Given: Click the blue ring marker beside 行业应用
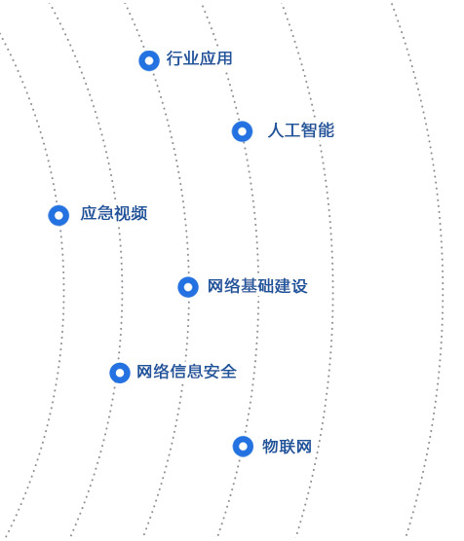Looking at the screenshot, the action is pyautogui.click(x=142, y=60).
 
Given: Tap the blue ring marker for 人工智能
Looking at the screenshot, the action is pyautogui.click(x=236, y=131).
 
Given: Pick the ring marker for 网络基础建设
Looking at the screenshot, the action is pyautogui.click(x=182, y=287).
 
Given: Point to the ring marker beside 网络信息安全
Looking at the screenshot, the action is pyautogui.click(x=113, y=373).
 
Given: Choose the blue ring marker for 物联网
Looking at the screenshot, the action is pyautogui.click(x=237, y=447).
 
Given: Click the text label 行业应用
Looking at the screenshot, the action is pyautogui.click(x=199, y=58).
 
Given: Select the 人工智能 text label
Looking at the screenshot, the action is pyautogui.click(x=301, y=130).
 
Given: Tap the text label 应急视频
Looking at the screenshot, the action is pyautogui.click(x=114, y=213).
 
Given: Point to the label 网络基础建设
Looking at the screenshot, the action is pyautogui.click(x=257, y=286).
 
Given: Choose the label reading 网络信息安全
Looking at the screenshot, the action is pyautogui.click(x=187, y=372).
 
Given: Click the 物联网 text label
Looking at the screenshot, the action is pyautogui.click(x=287, y=446).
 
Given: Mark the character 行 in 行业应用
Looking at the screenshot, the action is pyautogui.click(x=174, y=58).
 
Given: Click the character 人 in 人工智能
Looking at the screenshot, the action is pyautogui.click(x=276, y=130).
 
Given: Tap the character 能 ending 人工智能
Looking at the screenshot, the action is pyautogui.click(x=326, y=130).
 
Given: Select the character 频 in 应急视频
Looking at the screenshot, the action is pyautogui.click(x=139, y=213).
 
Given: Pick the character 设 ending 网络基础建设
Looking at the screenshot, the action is pyautogui.click(x=299, y=286).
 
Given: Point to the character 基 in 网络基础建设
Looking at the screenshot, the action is pyautogui.click(x=249, y=286).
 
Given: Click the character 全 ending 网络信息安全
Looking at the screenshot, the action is pyautogui.click(x=228, y=372).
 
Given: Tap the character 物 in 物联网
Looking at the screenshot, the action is pyautogui.click(x=270, y=446).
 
